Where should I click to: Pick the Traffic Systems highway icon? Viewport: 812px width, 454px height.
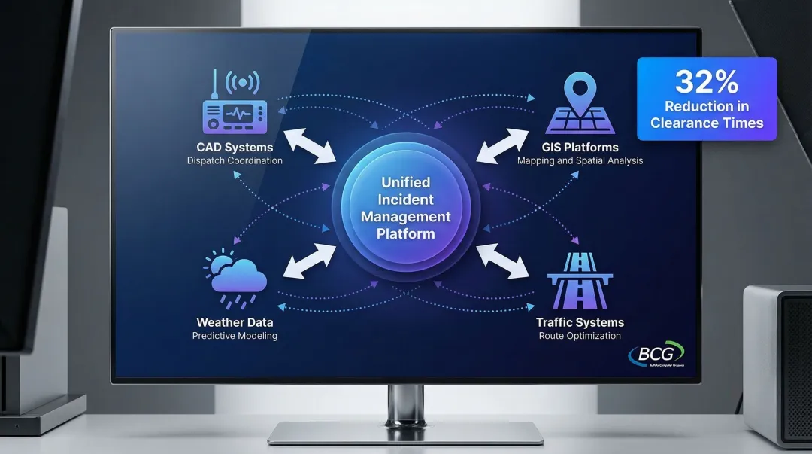(x=579, y=281)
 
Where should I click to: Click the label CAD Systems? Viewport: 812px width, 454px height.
(x=235, y=147)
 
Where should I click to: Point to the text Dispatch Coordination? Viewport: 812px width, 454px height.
(x=235, y=160)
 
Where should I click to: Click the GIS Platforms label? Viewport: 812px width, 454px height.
(x=580, y=147)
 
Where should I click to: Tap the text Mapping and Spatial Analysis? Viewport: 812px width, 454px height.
(x=580, y=160)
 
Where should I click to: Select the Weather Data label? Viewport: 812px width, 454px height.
(x=235, y=322)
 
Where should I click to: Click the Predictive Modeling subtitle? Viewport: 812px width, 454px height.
(x=235, y=336)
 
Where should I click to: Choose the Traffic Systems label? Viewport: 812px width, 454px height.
(x=580, y=322)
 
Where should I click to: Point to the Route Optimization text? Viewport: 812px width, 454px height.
(x=580, y=336)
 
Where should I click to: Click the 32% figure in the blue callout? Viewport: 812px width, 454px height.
(x=706, y=81)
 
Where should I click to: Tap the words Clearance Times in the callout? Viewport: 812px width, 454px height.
(x=707, y=123)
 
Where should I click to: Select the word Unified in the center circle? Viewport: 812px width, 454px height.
(x=406, y=182)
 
